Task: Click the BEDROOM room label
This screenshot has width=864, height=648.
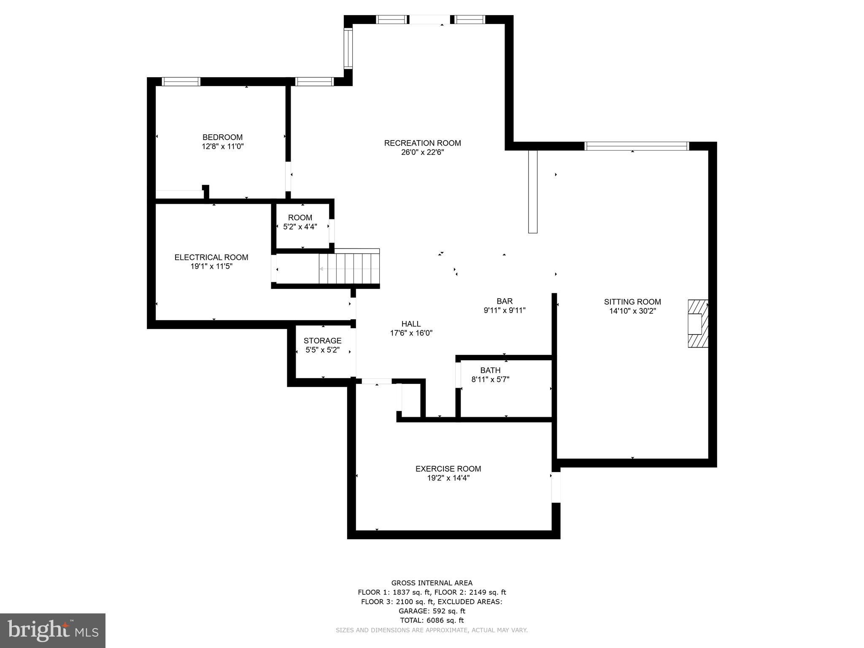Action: pyautogui.click(x=222, y=137)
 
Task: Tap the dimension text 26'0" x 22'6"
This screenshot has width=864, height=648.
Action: pyautogui.click(x=422, y=152)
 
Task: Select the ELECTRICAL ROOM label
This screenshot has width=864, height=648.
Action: pyautogui.click(x=211, y=257)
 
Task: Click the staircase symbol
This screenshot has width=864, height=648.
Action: pyautogui.click(x=349, y=269)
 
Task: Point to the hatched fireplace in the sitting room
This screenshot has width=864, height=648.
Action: pyautogui.click(x=698, y=324)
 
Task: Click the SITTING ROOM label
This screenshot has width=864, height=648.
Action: pyautogui.click(x=632, y=302)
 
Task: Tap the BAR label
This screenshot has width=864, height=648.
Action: pyautogui.click(x=504, y=301)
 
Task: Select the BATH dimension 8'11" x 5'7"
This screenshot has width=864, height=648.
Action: pyautogui.click(x=490, y=379)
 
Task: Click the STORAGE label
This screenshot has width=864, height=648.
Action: pyautogui.click(x=322, y=340)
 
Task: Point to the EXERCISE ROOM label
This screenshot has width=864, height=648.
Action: pyautogui.click(x=448, y=469)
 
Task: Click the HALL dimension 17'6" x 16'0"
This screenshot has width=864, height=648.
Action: pyautogui.click(x=411, y=333)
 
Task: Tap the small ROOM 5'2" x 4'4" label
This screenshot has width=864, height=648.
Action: pyautogui.click(x=300, y=218)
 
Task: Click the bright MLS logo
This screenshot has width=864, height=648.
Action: pyautogui.click(x=53, y=631)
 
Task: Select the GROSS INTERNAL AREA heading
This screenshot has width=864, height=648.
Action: pyautogui.click(x=432, y=583)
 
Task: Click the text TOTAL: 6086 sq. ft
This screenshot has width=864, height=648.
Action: pyautogui.click(x=432, y=620)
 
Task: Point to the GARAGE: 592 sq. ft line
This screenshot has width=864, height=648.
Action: pyautogui.click(x=432, y=611)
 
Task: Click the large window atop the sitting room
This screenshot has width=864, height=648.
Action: pyautogui.click(x=637, y=146)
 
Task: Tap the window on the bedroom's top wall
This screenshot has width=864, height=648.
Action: pyautogui.click(x=181, y=81)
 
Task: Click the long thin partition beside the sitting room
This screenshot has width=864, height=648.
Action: pyautogui.click(x=533, y=192)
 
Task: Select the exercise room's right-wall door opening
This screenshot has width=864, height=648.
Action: pyautogui.click(x=556, y=487)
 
